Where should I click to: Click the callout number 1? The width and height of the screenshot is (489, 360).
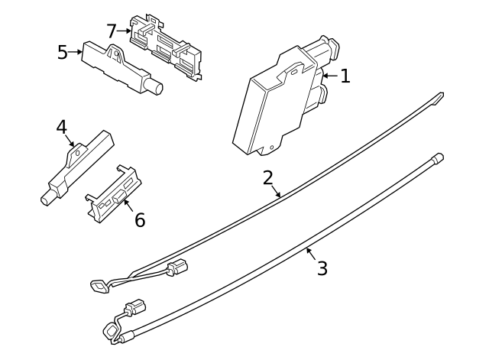click(345, 76)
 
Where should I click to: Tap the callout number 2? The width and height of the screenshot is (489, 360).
click(267, 178)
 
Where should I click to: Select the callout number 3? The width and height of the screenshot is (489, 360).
click(322, 268)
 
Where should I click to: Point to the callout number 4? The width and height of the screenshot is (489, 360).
click(62, 126)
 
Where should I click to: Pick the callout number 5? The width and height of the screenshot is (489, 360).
click(63, 52)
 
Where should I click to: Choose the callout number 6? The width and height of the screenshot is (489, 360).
click(139, 220)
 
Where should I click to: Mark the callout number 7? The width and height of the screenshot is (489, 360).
click(112, 31)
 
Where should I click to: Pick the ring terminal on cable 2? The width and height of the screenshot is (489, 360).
click(98, 287)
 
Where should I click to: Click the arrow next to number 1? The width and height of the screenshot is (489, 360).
click(329, 76)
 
